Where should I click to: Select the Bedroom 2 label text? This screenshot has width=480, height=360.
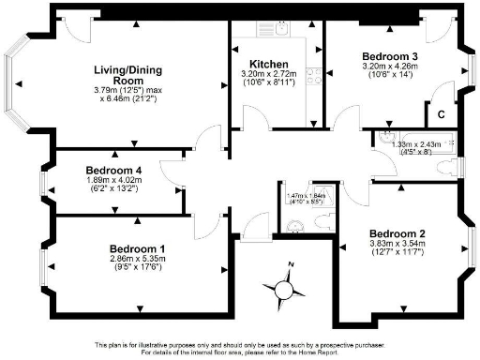[398, 232]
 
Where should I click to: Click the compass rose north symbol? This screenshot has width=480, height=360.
[292, 264]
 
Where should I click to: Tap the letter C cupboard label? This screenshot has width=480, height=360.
[440, 113]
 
